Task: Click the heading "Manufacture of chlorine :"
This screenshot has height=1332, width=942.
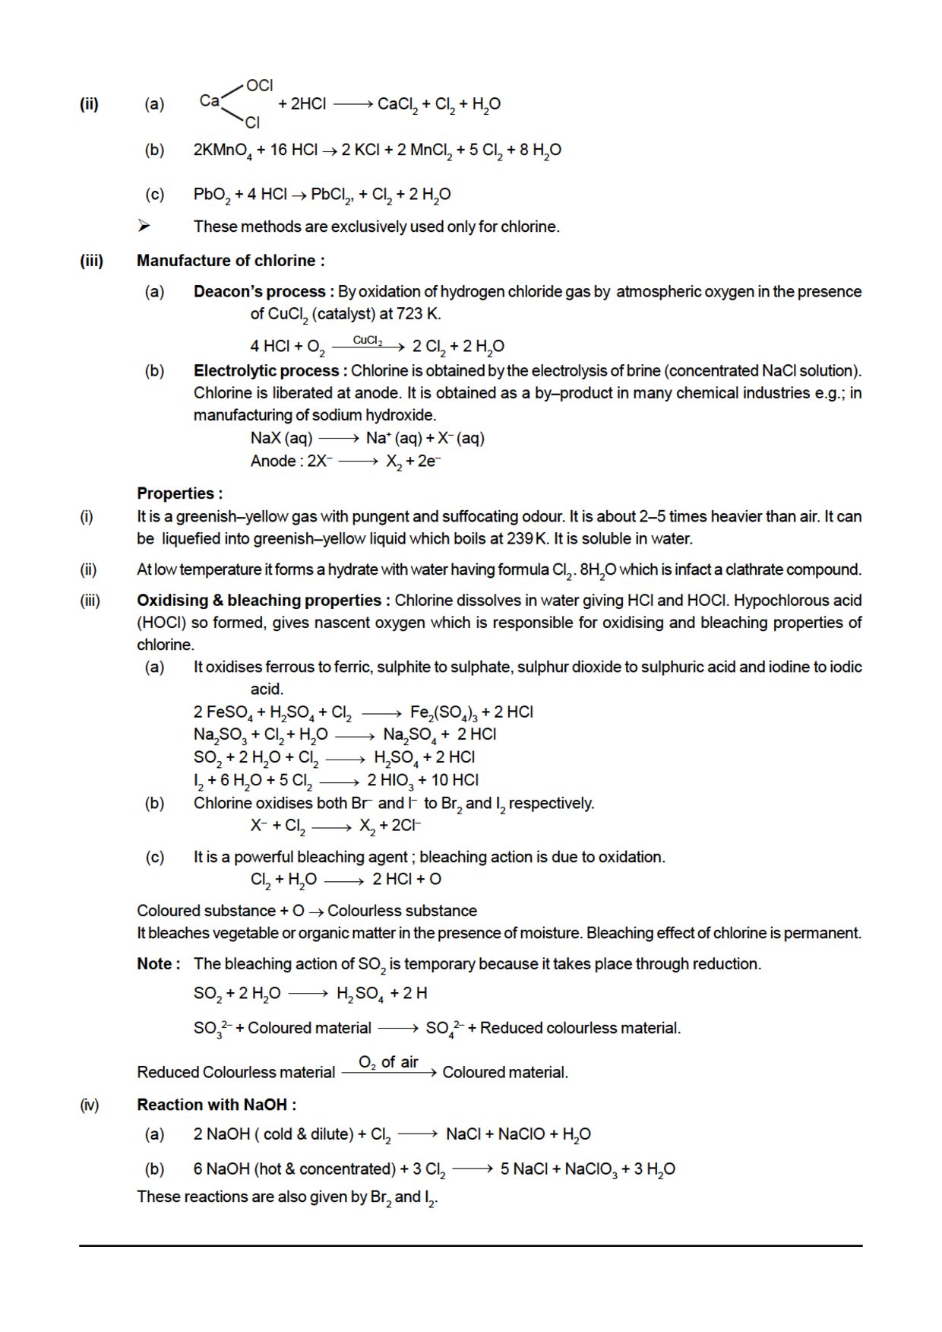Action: point(230,261)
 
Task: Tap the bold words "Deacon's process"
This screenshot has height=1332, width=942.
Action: point(259,292)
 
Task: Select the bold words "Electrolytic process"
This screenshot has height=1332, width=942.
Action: point(266,371)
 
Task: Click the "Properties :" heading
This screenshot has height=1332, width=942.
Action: point(179,493)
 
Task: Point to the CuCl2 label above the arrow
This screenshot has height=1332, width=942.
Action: point(368,340)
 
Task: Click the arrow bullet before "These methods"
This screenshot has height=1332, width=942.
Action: point(144,226)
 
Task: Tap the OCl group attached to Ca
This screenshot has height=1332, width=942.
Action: point(259,86)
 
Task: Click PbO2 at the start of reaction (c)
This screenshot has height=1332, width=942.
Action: point(211,195)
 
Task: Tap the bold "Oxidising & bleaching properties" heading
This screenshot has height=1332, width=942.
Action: point(259,601)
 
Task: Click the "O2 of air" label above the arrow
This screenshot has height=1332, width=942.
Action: point(388,1062)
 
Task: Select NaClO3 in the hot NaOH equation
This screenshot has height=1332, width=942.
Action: point(591,1169)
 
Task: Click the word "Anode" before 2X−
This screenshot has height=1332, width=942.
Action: point(273,461)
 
